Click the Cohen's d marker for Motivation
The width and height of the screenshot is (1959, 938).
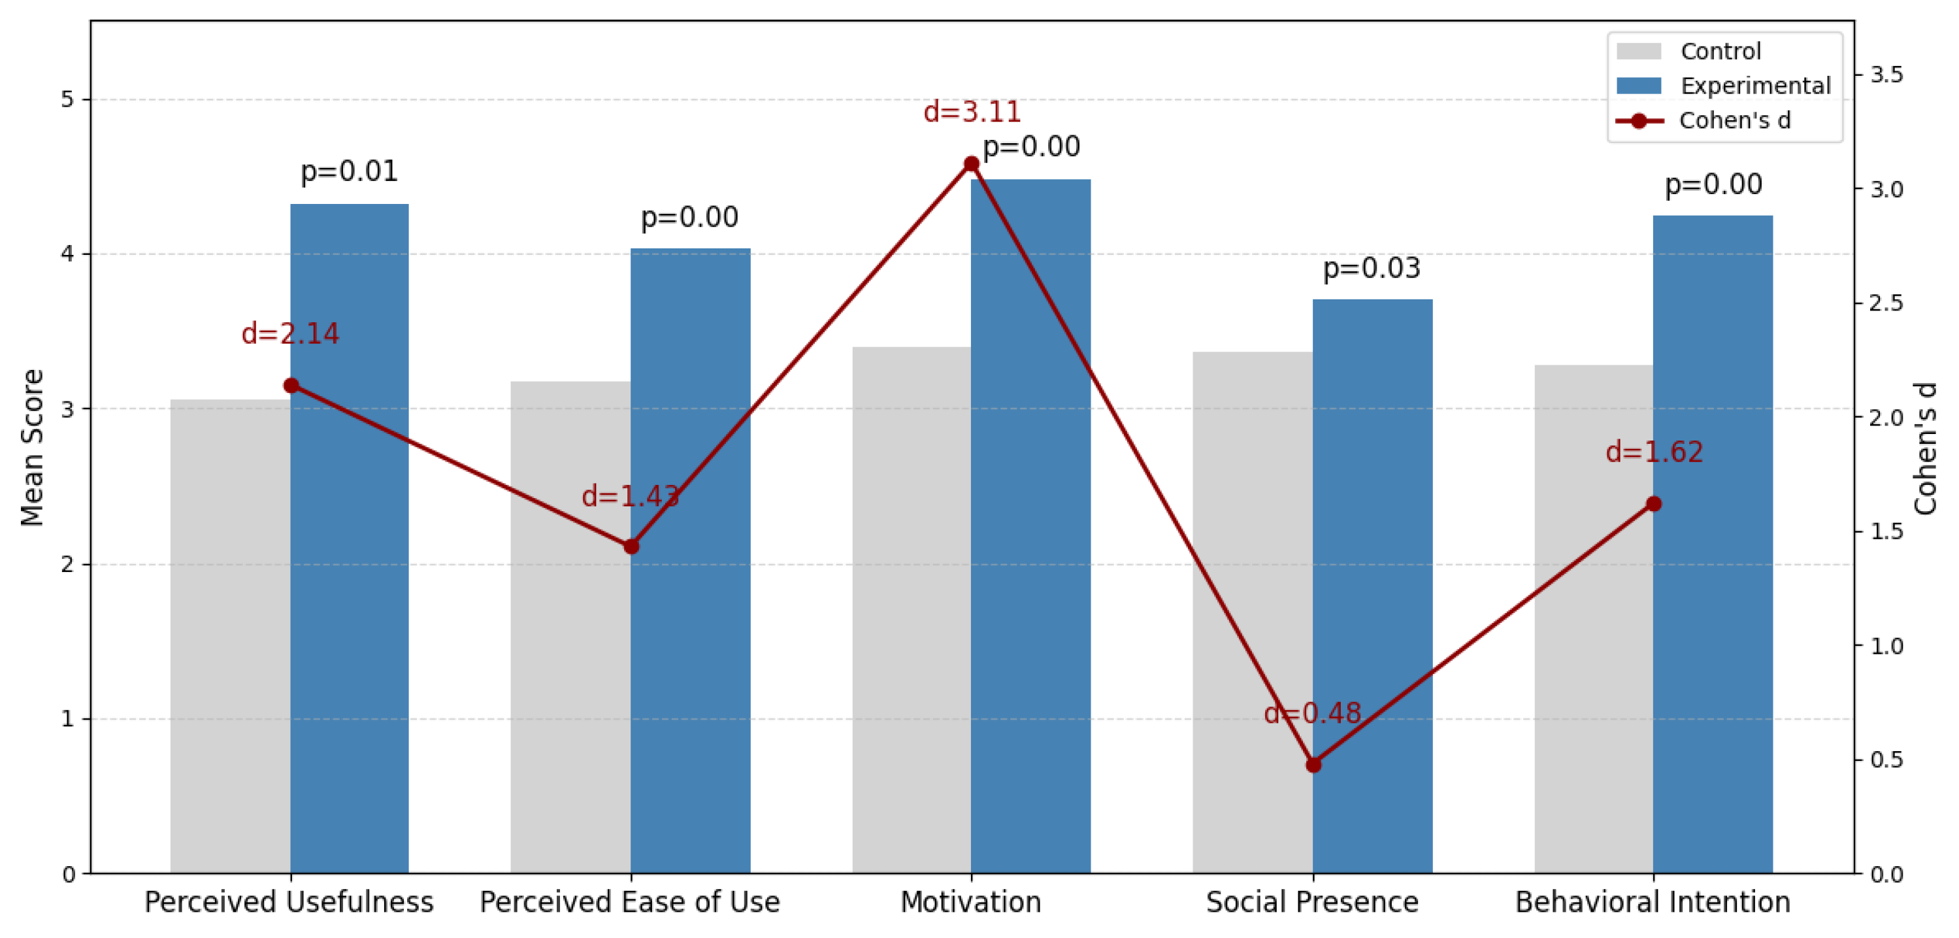tap(971, 164)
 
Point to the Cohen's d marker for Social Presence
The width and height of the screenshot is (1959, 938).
tap(1313, 765)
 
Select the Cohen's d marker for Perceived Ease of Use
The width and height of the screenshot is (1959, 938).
tap(631, 546)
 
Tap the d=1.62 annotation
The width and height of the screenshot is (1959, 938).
tap(1654, 452)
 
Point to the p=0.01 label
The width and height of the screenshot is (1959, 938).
tap(349, 171)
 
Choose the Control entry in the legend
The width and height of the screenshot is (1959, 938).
tap(1720, 51)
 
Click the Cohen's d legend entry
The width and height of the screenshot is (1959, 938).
tap(1735, 120)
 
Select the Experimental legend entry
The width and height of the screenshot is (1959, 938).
tap(1755, 85)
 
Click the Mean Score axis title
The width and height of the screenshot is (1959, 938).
tap(32, 447)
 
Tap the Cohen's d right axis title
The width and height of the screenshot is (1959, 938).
tap(1926, 449)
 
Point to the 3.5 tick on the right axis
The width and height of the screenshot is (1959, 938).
tap(1886, 75)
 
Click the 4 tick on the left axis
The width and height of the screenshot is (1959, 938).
tap(69, 254)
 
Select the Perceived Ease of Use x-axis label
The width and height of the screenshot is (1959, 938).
tap(630, 902)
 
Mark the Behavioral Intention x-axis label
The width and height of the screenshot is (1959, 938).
tap(1653, 902)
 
